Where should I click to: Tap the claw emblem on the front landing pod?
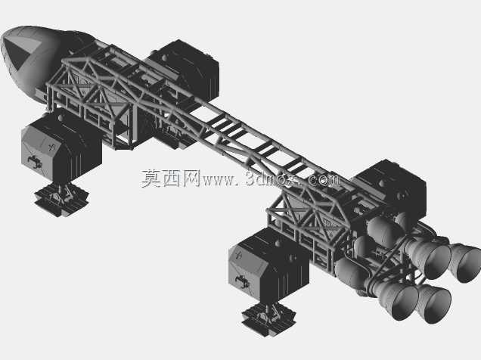click(x=35, y=162)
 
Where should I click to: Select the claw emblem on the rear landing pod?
click(x=242, y=281)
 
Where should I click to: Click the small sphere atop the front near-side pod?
click(x=61, y=117)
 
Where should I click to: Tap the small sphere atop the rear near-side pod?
click(x=278, y=244)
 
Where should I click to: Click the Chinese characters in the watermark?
click(x=171, y=178)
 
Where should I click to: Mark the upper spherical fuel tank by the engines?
click(x=383, y=231)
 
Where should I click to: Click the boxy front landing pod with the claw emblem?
click(x=61, y=147)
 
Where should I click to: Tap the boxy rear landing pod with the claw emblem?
click(x=268, y=266)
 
